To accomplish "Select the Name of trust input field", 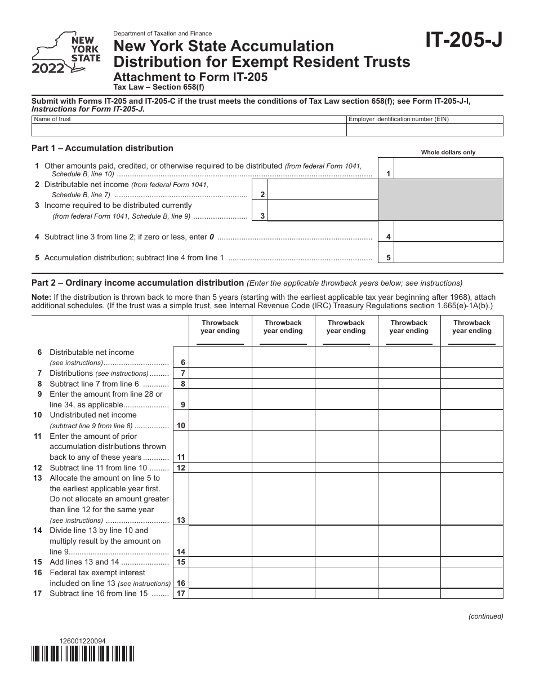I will pyautogui.click(x=189, y=130).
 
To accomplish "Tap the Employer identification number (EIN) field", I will pyautogui.click(x=425, y=130).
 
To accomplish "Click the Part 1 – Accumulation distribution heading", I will pyautogui.click(x=102, y=148).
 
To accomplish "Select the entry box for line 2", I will pyautogui.click(x=322, y=190).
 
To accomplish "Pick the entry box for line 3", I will pyautogui.click(x=322, y=211).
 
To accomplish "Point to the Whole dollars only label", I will pyautogui.click(x=448, y=153).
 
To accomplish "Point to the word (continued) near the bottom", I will pyautogui.click(x=485, y=616).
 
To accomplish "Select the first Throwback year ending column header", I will pyautogui.click(x=220, y=327).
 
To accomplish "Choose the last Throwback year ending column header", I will pyautogui.click(x=472, y=327).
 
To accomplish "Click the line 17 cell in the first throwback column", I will pyautogui.click(x=220, y=594).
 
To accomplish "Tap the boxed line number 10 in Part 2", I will pyautogui.click(x=181, y=426).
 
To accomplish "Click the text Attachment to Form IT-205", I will pyautogui.click(x=191, y=78).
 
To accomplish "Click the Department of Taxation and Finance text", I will pyautogui.click(x=163, y=34).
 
